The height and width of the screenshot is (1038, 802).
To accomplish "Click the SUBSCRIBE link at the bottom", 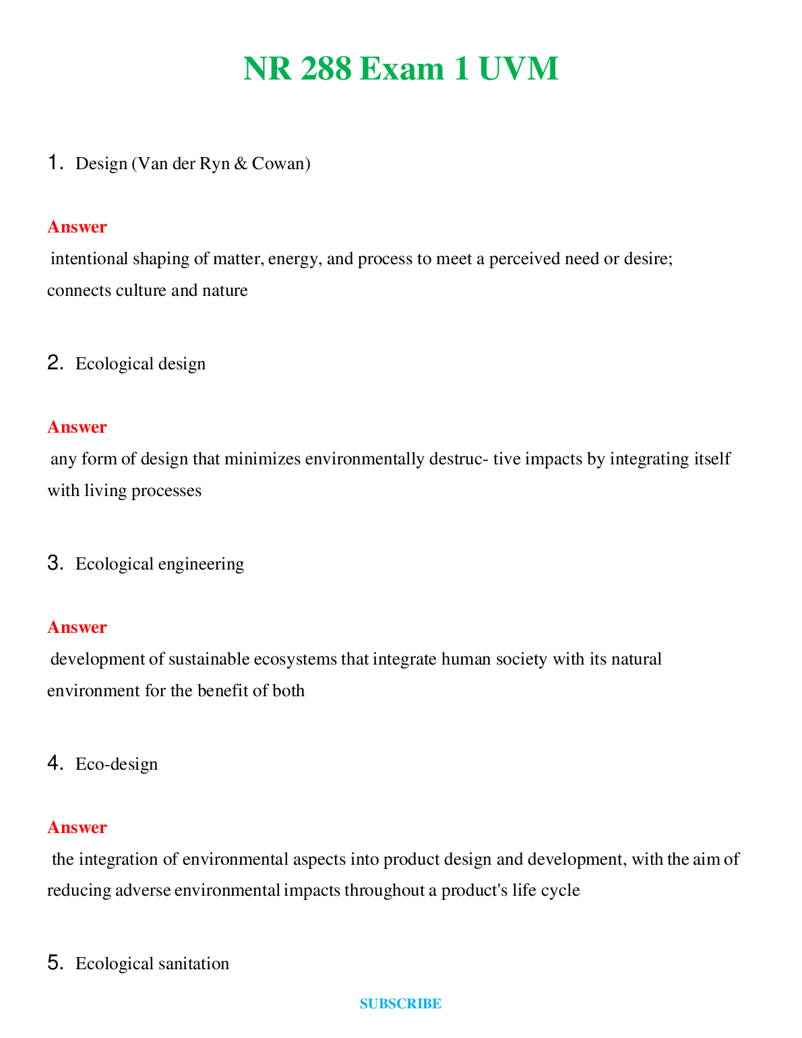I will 400,1004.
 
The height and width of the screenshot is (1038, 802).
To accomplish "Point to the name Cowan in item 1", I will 280,164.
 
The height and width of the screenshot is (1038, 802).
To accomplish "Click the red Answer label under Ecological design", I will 77,427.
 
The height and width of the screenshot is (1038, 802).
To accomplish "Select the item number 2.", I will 55,363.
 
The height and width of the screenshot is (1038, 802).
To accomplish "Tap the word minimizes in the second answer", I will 262,459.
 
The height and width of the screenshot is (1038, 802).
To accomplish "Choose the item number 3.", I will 55,563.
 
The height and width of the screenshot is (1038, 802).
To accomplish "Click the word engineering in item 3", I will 201,564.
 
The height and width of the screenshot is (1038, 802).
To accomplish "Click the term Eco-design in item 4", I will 117,764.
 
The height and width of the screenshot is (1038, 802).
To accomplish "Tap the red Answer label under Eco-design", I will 77,828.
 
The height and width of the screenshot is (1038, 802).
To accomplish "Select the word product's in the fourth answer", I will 474,890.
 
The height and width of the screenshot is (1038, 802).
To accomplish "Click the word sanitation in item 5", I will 193,964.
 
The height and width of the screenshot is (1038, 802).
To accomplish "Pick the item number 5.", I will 55,964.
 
